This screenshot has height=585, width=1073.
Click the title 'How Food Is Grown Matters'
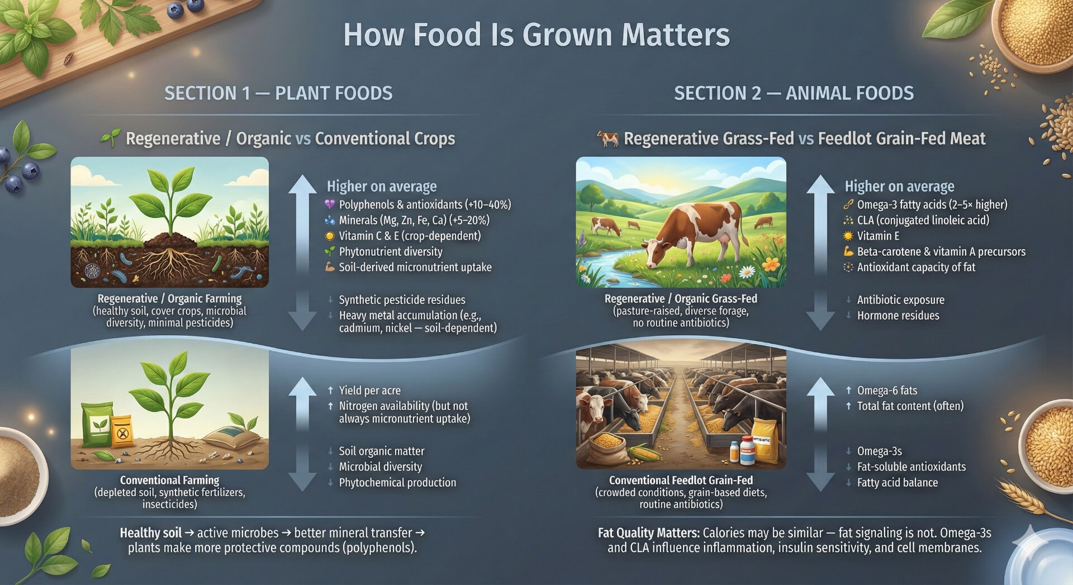click(x=536, y=35)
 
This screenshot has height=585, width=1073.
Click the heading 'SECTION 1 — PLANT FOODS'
click(x=278, y=93)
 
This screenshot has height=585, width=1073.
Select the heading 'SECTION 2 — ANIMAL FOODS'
click(x=794, y=93)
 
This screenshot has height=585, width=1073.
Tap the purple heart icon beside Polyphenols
click(x=330, y=204)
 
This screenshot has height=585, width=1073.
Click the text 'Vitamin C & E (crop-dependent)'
click(x=410, y=236)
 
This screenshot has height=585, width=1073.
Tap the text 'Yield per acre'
click(x=369, y=391)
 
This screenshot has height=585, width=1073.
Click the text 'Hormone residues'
click(x=898, y=316)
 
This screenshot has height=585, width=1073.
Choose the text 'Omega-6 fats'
click(x=887, y=391)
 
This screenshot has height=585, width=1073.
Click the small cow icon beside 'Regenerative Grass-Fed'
click(x=607, y=138)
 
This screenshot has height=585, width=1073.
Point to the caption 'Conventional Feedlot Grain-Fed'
click(x=681, y=481)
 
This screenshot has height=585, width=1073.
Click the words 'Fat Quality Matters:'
click(x=648, y=533)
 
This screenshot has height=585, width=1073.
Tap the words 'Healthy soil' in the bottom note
click(x=151, y=533)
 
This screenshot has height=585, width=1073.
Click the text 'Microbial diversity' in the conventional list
click(x=381, y=467)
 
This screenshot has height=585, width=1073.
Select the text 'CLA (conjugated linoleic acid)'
click(x=923, y=220)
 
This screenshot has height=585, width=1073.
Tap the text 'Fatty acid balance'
click(x=898, y=482)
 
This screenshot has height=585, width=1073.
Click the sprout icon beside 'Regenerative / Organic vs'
click(x=111, y=138)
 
